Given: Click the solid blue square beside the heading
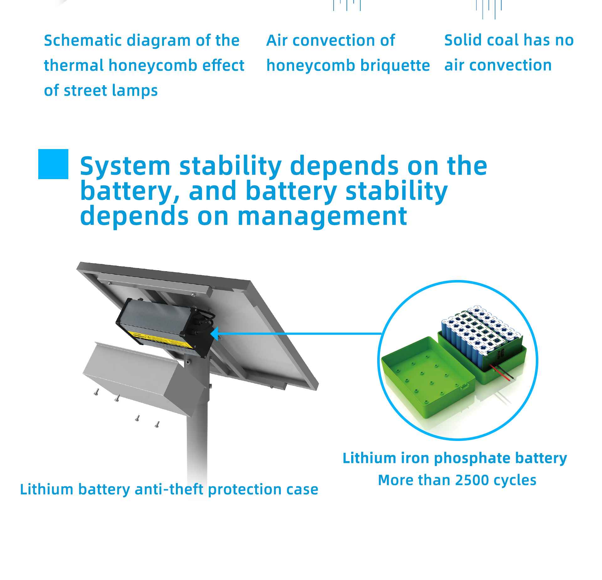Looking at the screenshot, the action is [x=53, y=164].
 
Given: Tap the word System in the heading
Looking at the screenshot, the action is [x=125, y=166].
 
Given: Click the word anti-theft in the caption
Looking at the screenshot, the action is [x=169, y=489].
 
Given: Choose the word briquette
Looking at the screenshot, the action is [x=395, y=65].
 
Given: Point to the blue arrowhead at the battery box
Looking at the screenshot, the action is [x=214, y=334].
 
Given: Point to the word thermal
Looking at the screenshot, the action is [x=74, y=65].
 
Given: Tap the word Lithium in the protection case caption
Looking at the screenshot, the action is [x=47, y=489].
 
